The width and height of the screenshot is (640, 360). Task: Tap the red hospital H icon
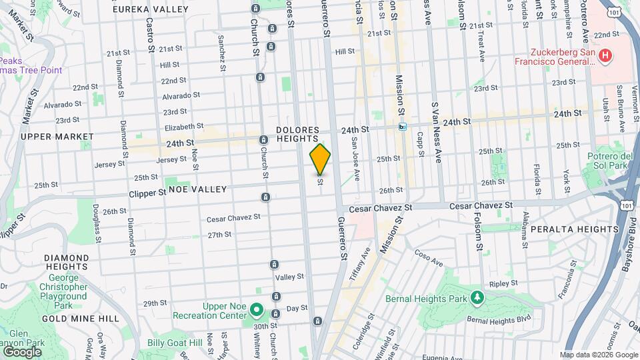[x=605, y=56]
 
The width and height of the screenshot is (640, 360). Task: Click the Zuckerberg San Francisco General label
[x=553, y=57]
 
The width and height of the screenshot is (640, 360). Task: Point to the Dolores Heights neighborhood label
[x=298, y=134]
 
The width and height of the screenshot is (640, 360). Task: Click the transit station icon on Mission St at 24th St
[x=402, y=127]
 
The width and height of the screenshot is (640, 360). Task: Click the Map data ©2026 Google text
[x=598, y=355]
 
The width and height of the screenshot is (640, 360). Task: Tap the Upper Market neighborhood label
[x=57, y=136]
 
